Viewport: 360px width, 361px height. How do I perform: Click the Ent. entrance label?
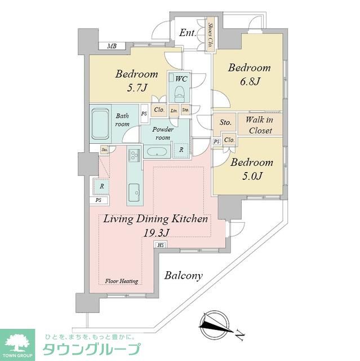(188, 33)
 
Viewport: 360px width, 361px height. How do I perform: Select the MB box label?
(112, 46)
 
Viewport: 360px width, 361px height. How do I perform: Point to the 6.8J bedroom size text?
(250, 82)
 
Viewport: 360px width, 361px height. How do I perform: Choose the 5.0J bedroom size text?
(251, 177)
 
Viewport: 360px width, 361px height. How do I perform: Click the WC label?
(181, 80)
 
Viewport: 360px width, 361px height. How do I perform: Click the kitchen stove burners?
(134, 155)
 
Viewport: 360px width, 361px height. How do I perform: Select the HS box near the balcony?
(161, 245)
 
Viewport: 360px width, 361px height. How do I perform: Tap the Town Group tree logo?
(17, 341)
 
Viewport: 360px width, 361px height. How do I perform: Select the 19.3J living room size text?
(155, 231)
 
